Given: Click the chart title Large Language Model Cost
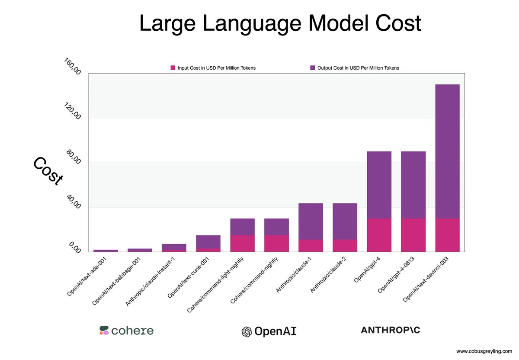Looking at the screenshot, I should [280, 24].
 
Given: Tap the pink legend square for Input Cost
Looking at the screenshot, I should [173, 68].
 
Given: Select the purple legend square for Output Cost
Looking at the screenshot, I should [313, 68].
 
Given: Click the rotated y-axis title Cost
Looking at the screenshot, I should [48, 171].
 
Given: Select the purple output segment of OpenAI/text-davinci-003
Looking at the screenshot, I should [447, 151].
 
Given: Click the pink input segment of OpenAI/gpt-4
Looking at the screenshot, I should [379, 235].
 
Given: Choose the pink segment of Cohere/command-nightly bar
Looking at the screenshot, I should [276, 243].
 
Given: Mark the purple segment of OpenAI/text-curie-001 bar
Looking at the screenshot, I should [208, 241].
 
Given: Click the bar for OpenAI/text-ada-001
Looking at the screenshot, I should [106, 251].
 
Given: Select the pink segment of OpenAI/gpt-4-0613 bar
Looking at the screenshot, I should [413, 235].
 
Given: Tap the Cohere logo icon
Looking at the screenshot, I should [104, 331].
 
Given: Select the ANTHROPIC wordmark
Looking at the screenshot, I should [390, 330].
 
